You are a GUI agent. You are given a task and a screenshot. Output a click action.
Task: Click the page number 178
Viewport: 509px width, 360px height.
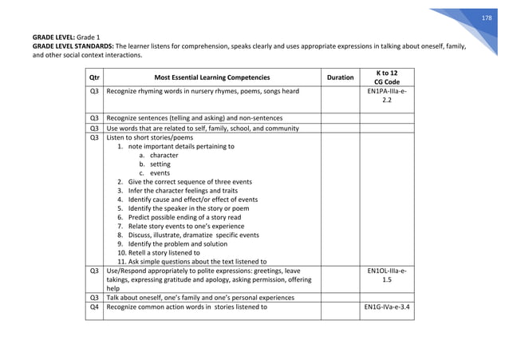pos(491,17)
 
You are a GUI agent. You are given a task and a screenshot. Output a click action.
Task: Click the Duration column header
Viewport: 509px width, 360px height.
pos(341,77)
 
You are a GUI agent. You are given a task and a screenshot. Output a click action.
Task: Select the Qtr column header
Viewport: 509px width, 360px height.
pos(94,77)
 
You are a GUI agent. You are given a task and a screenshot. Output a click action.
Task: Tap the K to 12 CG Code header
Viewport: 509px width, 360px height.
pos(386,77)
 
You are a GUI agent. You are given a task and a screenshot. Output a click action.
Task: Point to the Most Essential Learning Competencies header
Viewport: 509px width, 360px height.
pos(212,77)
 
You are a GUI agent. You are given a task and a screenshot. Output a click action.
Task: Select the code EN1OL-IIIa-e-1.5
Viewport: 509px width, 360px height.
pos(386,276)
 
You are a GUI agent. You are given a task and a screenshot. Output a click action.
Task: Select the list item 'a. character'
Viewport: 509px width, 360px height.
pos(158,155)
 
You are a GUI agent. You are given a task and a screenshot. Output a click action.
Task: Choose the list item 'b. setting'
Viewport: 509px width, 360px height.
pos(155,164)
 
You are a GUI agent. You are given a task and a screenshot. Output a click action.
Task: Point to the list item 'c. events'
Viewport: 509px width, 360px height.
pos(154,173)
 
